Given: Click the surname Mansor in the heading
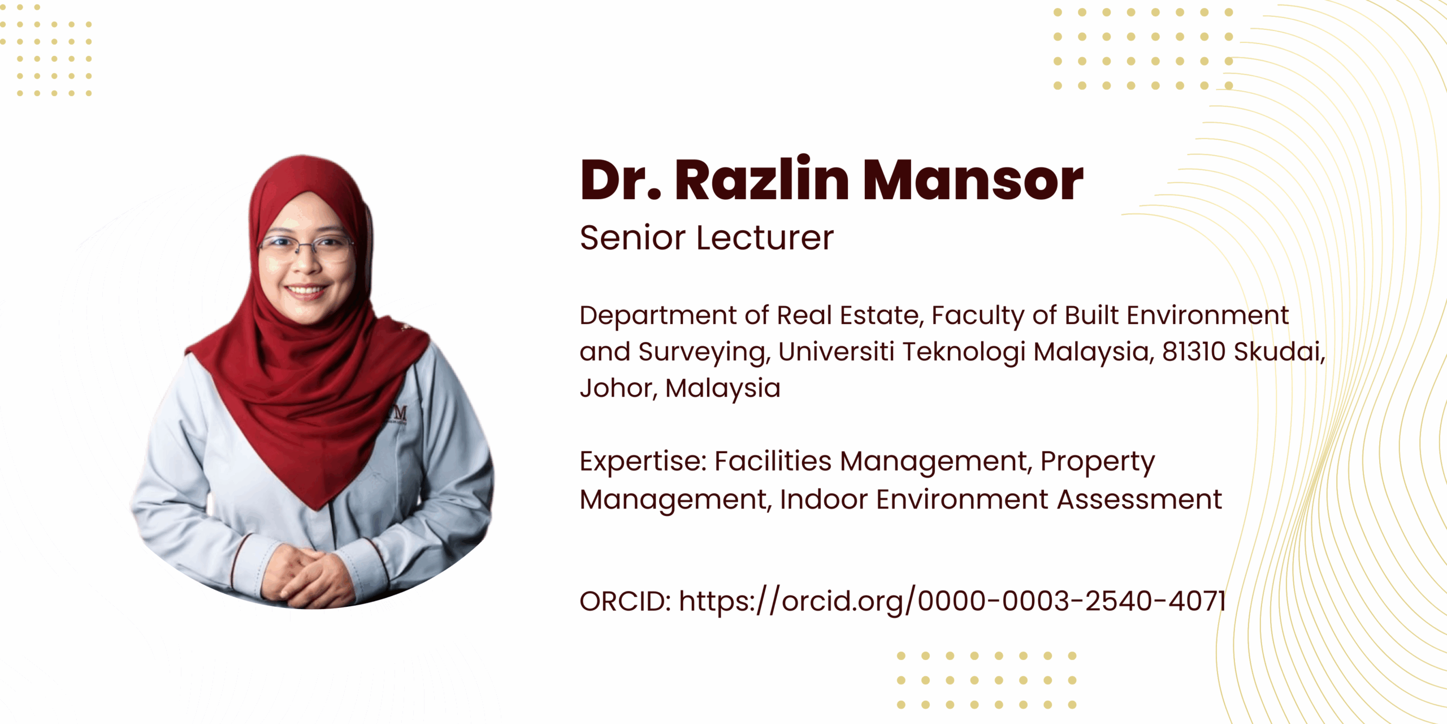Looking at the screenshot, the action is (x=973, y=180).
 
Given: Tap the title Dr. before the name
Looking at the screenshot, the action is (x=621, y=180).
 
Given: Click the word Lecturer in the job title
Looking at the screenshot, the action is (x=765, y=238).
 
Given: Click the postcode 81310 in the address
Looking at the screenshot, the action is (x=1193, y=352).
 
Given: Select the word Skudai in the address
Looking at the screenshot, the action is (x=1279, y=352).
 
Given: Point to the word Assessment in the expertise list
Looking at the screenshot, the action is (x=1140, y=499).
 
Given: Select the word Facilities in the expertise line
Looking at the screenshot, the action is (x=773, y=461).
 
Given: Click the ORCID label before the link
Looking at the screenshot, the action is (x=625, y=601).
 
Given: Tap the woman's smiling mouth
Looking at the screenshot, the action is (x=306, y=291).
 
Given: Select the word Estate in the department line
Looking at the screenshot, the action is (x=882, y=316).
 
